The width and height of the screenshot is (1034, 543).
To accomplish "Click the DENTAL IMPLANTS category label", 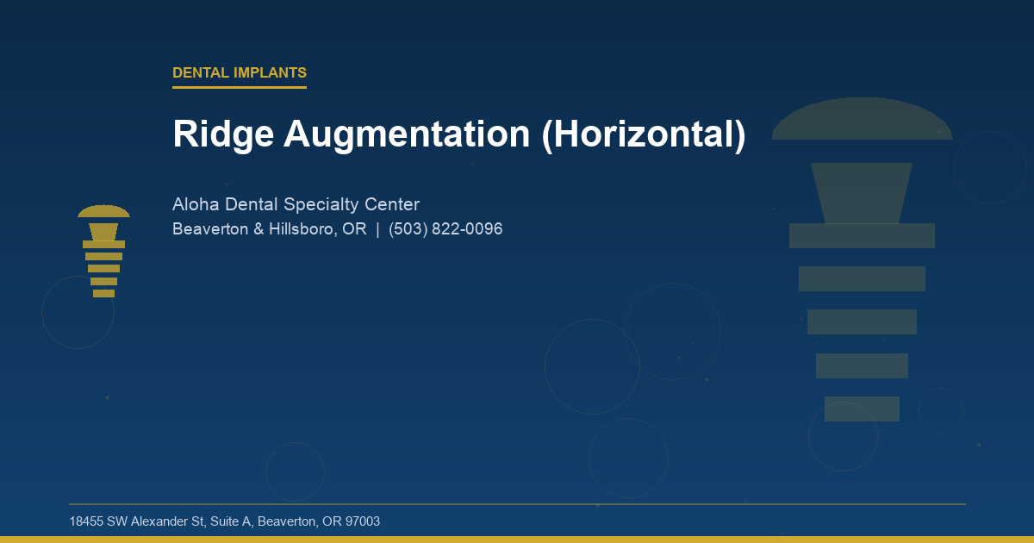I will click(x=240, y=73).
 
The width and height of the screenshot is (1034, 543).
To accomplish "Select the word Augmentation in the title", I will click(x=405, y=134).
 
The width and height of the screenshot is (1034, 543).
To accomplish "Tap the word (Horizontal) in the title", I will click(x=644, y=134).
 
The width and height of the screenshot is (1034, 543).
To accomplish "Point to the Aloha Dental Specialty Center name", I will click(x=296, y=205).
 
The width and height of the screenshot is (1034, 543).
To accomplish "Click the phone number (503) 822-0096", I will click(x=445, y=229).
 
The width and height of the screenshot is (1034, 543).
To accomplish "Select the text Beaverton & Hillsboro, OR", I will click(x=269, y=229).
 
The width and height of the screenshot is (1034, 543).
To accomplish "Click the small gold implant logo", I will click(x=103, y=252).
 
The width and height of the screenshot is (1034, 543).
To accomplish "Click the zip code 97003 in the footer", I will click(x=363, y=521).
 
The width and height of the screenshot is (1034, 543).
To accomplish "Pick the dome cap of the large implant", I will click(x=862, y=121).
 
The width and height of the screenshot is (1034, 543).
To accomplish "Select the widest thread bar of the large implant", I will click(x=862, y=235).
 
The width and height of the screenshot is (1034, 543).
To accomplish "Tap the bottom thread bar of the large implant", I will click(x=862, y=409).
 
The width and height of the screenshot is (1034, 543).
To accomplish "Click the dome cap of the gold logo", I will click(x=103, y=212).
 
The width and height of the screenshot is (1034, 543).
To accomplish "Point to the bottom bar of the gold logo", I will click(x=103, y=293).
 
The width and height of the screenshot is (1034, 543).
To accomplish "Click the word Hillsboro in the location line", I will click(x=302, y=229).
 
